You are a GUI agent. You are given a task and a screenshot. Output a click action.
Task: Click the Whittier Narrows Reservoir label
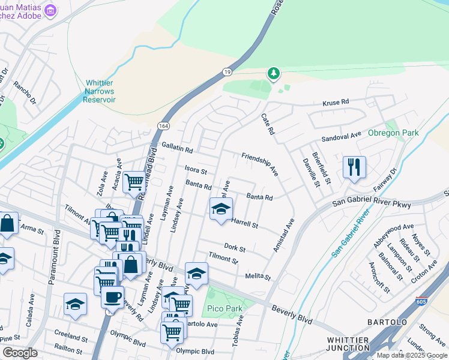pyautogui.click(x=100, y=91)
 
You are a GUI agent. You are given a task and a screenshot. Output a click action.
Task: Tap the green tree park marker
pyautogui.click(x=274, y=73)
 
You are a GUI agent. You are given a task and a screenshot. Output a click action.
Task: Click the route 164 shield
pyautogui.click(x=163, y=125)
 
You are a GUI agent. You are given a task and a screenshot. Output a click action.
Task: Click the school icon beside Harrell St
pyautogui.click(x=221, y=209)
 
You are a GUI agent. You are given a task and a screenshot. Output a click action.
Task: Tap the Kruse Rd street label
pyautogui.click(x=336, y=103)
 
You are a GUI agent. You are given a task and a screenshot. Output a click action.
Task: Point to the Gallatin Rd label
pyautogui.click(x=177, y=148)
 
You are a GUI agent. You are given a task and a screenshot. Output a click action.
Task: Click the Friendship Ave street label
pyautogui.click(x=260, y=164)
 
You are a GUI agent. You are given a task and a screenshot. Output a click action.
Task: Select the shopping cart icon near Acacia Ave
pyautogui.click(x=133, y=181)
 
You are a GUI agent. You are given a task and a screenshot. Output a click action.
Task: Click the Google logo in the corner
pyautogui.click(x=20, y=353)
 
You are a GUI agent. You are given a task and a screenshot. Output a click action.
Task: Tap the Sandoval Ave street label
pyautogui.click(x=342, y=136)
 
